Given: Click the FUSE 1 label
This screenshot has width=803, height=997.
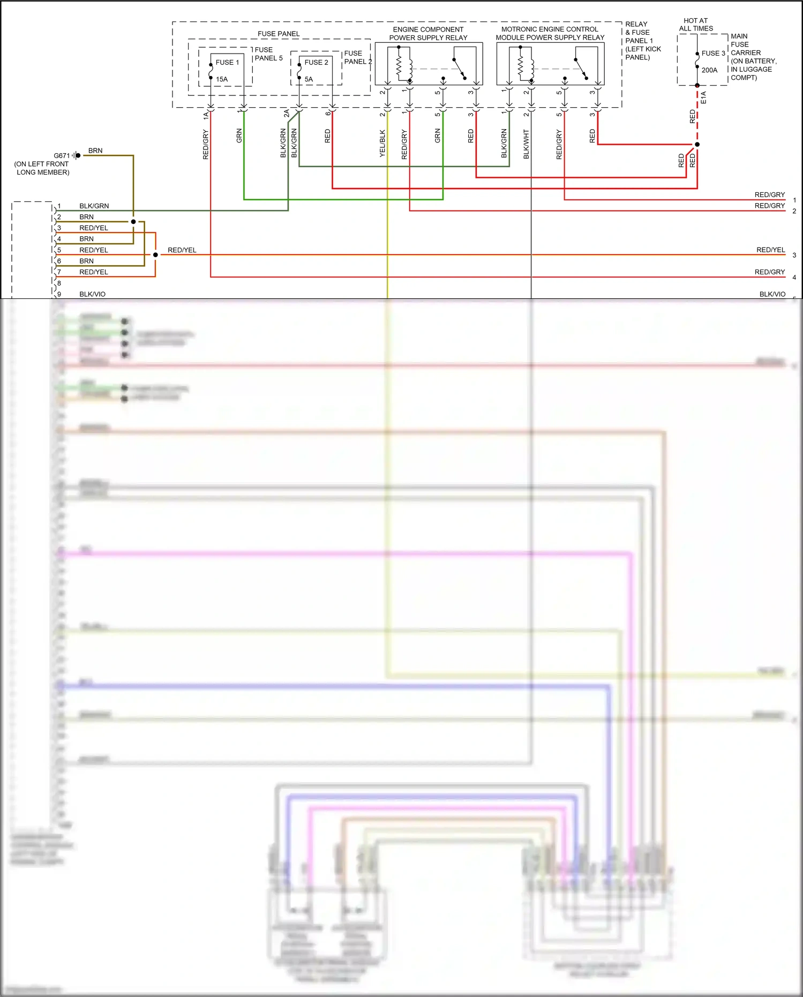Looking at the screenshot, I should [227, 62].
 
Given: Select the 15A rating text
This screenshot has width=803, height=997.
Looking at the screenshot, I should [222, 79].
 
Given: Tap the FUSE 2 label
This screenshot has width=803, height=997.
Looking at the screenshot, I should [316, 62].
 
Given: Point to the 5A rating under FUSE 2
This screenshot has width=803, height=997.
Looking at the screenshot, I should [309, 79].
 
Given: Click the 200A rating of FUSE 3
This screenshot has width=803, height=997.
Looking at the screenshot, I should [709, 70].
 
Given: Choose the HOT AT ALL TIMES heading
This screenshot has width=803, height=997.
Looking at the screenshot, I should [696, 25].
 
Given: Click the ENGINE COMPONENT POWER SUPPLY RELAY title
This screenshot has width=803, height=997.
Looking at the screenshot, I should [428, 34].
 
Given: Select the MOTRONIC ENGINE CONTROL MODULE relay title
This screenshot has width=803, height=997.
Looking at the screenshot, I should [550, 33].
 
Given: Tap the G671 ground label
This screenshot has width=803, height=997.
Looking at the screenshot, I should [62, 155].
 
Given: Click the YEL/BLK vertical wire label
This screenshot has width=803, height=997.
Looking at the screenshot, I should [382, 143].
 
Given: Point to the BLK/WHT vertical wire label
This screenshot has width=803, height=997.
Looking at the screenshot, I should [526, 144].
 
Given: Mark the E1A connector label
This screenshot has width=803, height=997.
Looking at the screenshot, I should [703, 98].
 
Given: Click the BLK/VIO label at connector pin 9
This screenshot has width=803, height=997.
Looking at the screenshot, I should [92, 294].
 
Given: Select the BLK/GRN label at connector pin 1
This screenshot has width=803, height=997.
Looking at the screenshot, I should [94, 206].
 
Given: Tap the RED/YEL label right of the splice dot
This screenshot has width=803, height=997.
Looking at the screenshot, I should [182, 250].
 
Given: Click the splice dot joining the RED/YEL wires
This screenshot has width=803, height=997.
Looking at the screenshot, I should [155, 254].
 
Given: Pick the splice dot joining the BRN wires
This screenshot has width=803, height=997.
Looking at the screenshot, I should [133, 221].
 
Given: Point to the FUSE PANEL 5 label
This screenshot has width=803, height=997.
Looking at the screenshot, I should [268, 54].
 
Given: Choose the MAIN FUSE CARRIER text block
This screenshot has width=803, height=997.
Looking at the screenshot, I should [753, 57].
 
